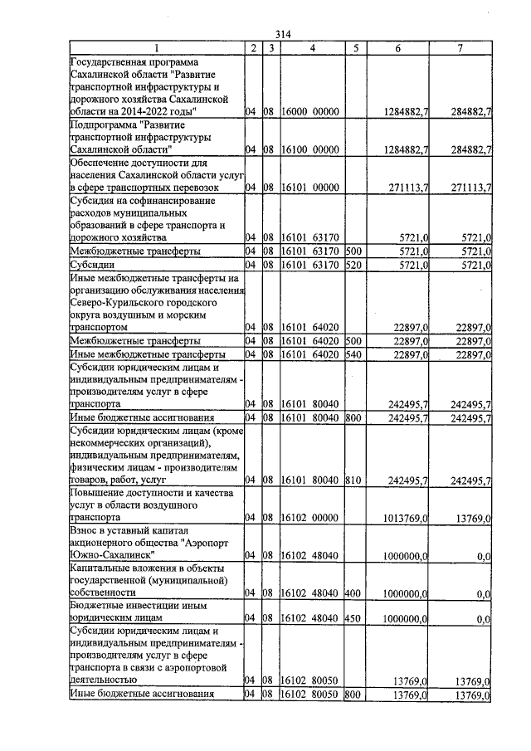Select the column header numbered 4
(312, 47)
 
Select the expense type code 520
(353, 265)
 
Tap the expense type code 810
(353, 480)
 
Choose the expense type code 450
(353, 618)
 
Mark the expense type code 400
(353, 593)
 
